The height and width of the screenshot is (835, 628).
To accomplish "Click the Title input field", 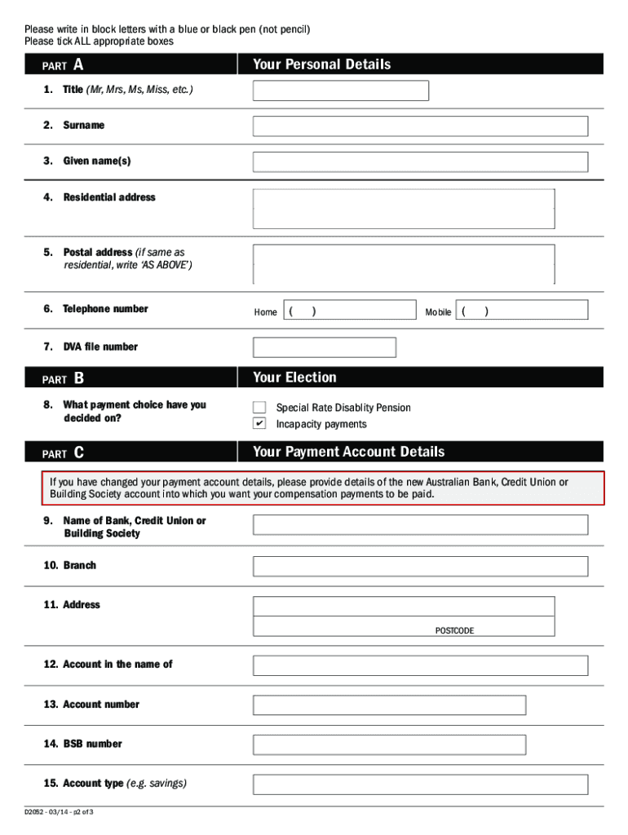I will pyautogui.click(x=340, y=91).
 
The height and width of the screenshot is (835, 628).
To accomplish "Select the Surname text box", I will pyautogui.click(x=420, y=126).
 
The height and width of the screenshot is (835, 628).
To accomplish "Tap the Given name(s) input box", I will pyautogui.click(x=420, y=161).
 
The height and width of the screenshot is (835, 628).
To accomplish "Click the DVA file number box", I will pyautogui.click(x=324, y=347).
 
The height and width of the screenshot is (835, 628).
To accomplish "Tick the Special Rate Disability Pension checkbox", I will pyautogui.click(x=259, y=407).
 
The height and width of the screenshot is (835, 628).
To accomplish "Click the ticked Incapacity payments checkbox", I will pyautogui.click(x=259, y=424).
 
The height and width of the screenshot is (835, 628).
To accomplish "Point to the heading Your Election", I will pyautogui.click(x=294, y=378).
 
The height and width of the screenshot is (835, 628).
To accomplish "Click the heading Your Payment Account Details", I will pyautogui.click(x=348, y=452).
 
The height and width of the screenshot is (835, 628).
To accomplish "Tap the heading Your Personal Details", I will pyautogui.click(x=321, y=64).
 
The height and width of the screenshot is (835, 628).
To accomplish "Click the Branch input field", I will pyautogui.click(x=420, y=566).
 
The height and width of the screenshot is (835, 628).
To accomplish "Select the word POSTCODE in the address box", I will pyautogui.click(x=454, y=630).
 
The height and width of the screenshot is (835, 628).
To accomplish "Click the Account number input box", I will pyautogui.click(x=389, y=705).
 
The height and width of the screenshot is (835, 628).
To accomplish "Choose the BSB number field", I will pyautogui.click(x=389, y=744).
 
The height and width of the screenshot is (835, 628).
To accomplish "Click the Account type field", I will pyautogui.click(x=420, y=784).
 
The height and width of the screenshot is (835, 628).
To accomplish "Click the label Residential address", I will pyautogui.click(x=108, y=197).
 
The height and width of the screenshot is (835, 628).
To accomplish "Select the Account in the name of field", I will pyautogui.click(x=420, y=665).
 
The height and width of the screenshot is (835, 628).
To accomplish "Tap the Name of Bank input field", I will pyautogui.click(x=420, y=524).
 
